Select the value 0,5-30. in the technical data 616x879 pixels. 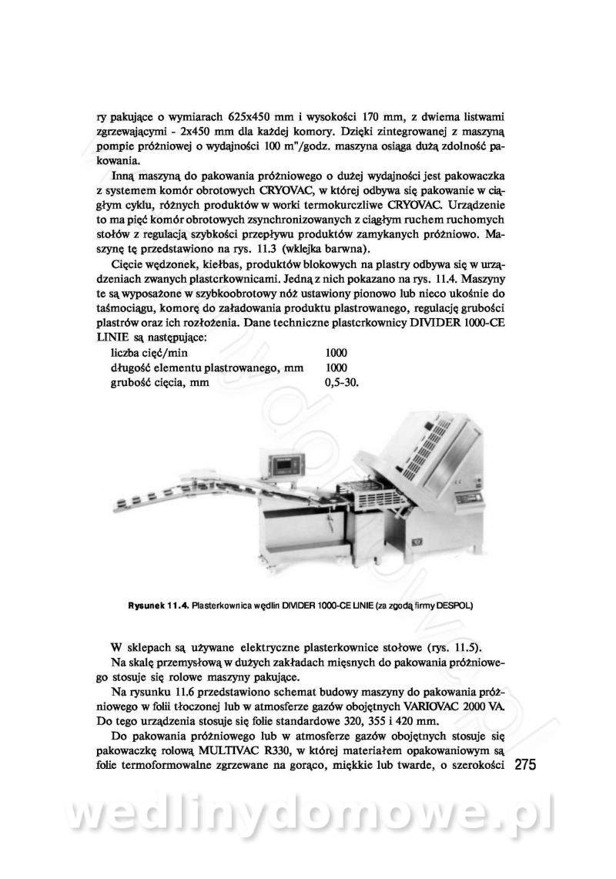[x=343, y=382]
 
